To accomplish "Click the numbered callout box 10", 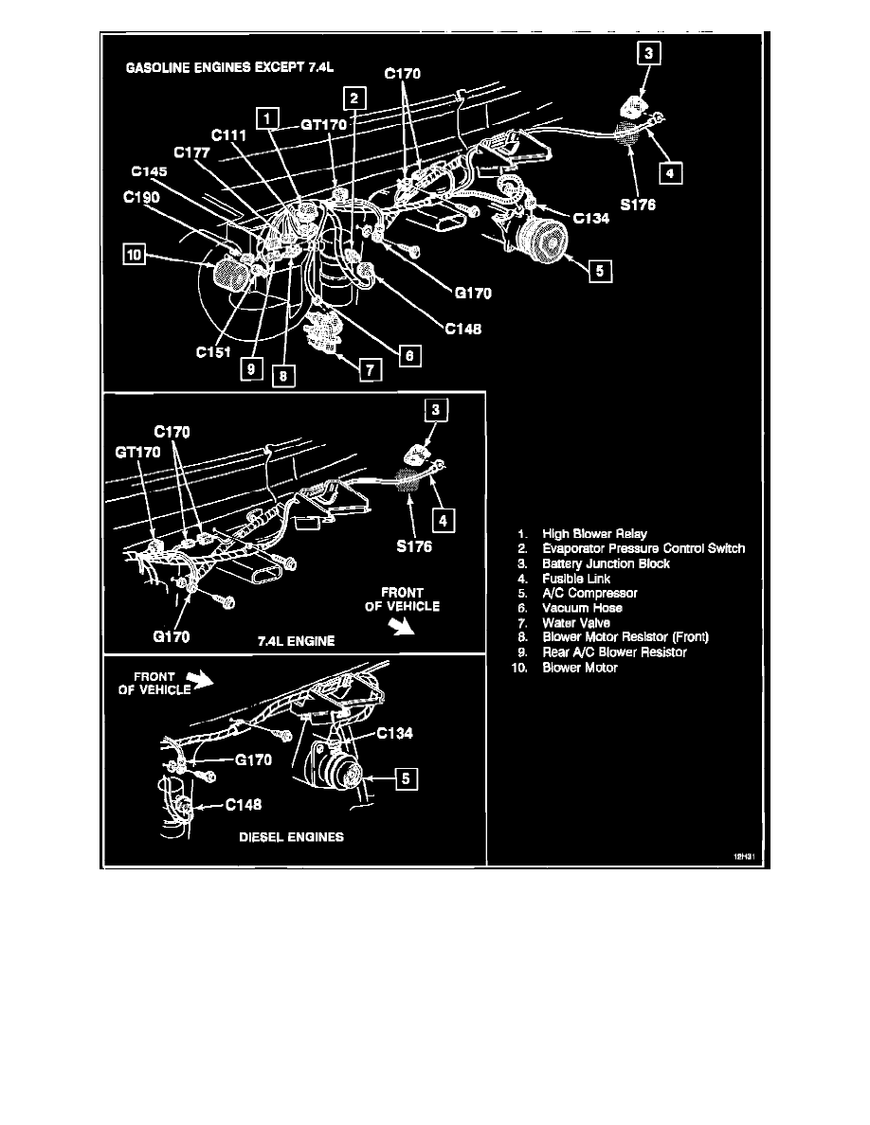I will tap(134, 257).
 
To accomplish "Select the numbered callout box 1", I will tap(270, 118).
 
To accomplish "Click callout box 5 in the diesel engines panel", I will tap(405, 779).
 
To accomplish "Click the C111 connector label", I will tap(229, 136).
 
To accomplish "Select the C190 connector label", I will tap(142, 201).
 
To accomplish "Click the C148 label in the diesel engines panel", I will tap(245, 806).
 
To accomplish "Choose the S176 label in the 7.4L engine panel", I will tap(413, 545).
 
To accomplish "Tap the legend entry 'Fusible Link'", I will tap(576, 579).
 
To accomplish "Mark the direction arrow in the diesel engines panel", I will tap(201, 677).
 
